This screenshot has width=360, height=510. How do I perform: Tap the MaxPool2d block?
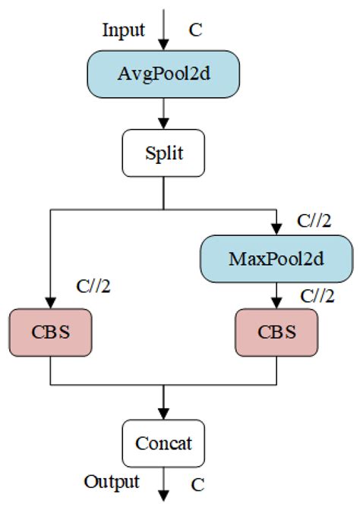click(276, 259)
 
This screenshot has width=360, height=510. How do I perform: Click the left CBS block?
click(51, 332)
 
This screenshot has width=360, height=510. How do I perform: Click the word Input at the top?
click(125, 30)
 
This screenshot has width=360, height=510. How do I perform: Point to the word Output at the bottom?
click(112, 481)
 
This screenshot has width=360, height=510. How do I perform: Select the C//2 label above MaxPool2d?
click(313, 220)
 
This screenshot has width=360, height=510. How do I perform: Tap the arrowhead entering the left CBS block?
click(51, 302)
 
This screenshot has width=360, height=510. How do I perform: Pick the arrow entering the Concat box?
click(164, 402)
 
